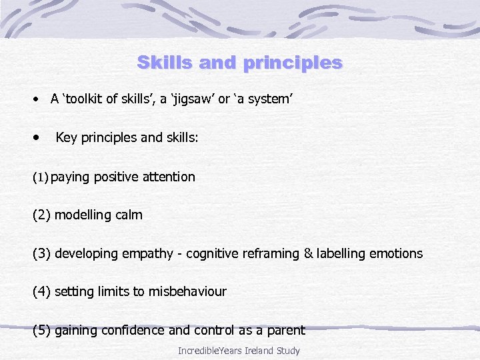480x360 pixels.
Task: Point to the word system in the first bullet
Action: pyautogui.click(x=270, y=99)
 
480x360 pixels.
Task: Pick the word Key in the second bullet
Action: pyautogui.click(x=67, y=138)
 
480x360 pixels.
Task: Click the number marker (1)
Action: pyautogui.click(x=41, y=177)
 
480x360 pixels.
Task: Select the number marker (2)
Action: pyautogui.click(x=42, y=215)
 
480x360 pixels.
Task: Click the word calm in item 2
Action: pyautogui.click(x=128, y=215)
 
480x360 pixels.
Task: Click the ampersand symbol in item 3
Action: pyautogui.click(x=307, y=253)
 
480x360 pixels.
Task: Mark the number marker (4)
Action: pyautogui.click(x=42, y=291)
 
